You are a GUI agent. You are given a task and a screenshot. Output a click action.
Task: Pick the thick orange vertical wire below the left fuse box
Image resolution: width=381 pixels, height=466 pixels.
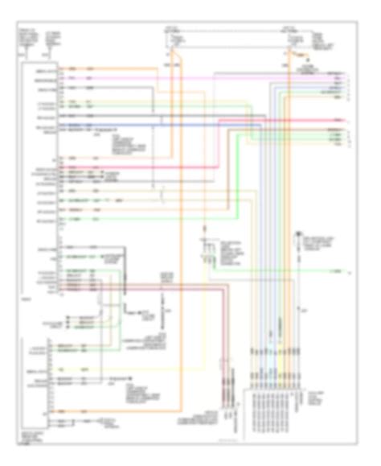click(x=180, y=241)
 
